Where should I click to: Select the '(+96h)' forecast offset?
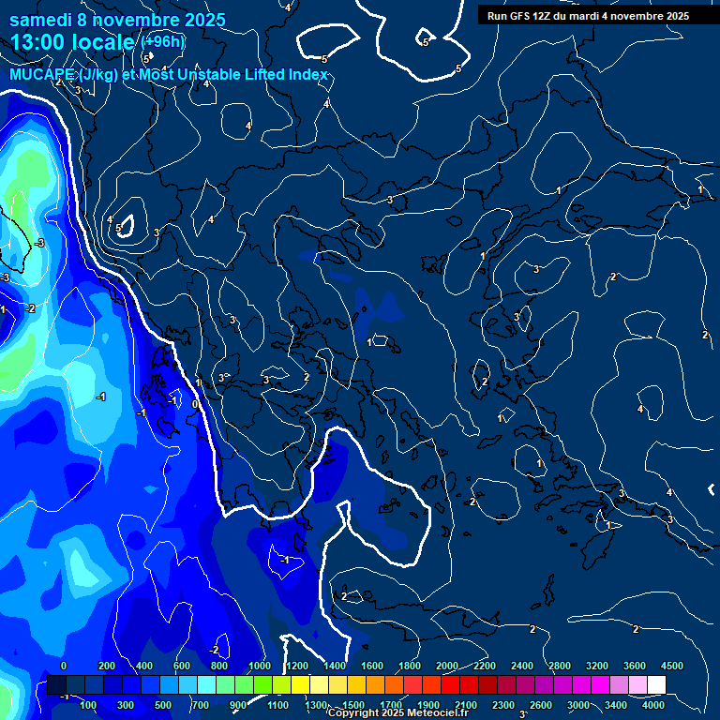[x=163, y=42]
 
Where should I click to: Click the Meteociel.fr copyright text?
[x=397, y=713]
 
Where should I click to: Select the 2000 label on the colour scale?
[x=447, y=666]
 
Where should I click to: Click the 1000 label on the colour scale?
[x=260, y=666]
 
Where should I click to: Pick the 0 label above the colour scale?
[x=64, y=666]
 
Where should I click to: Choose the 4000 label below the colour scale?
[x=653, y=705]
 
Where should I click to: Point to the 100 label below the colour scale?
[x=90, y=705]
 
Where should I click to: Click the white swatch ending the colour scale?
[x=656, y=685]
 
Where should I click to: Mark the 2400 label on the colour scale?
[x=522, y=666]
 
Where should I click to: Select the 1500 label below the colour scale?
[x=353, y=705]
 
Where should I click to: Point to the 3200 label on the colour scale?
[x=597, y=666]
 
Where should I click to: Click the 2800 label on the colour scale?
[x=560, y=666]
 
